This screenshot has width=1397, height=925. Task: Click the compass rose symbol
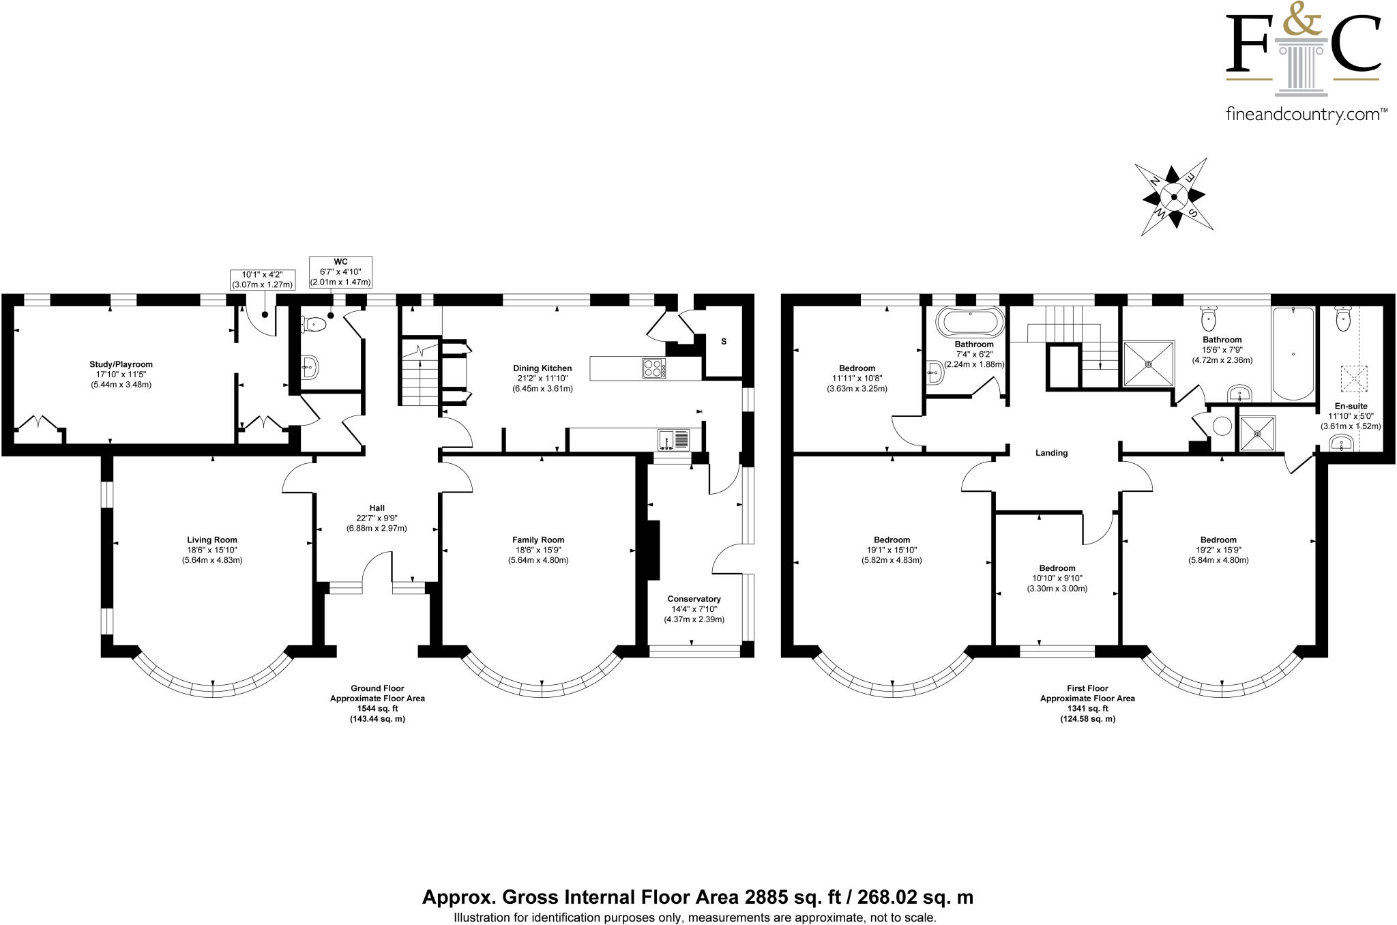1174,197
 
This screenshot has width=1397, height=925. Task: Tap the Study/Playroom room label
121,364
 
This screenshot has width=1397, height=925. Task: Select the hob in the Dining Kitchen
653,368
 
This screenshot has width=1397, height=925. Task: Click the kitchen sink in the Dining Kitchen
674,439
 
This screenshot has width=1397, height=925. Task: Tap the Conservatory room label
694,599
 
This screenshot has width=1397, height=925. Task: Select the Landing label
1051,453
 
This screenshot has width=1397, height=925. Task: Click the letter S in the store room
724,341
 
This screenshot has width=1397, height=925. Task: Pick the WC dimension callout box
340,272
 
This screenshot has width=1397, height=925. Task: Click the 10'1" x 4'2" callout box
263,280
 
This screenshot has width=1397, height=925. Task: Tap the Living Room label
212,540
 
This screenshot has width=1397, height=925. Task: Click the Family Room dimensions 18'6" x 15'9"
538,550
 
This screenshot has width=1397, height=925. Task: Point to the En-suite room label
1351,406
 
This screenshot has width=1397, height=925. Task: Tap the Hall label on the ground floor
377,508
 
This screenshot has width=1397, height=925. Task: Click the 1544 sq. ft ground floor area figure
377,709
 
